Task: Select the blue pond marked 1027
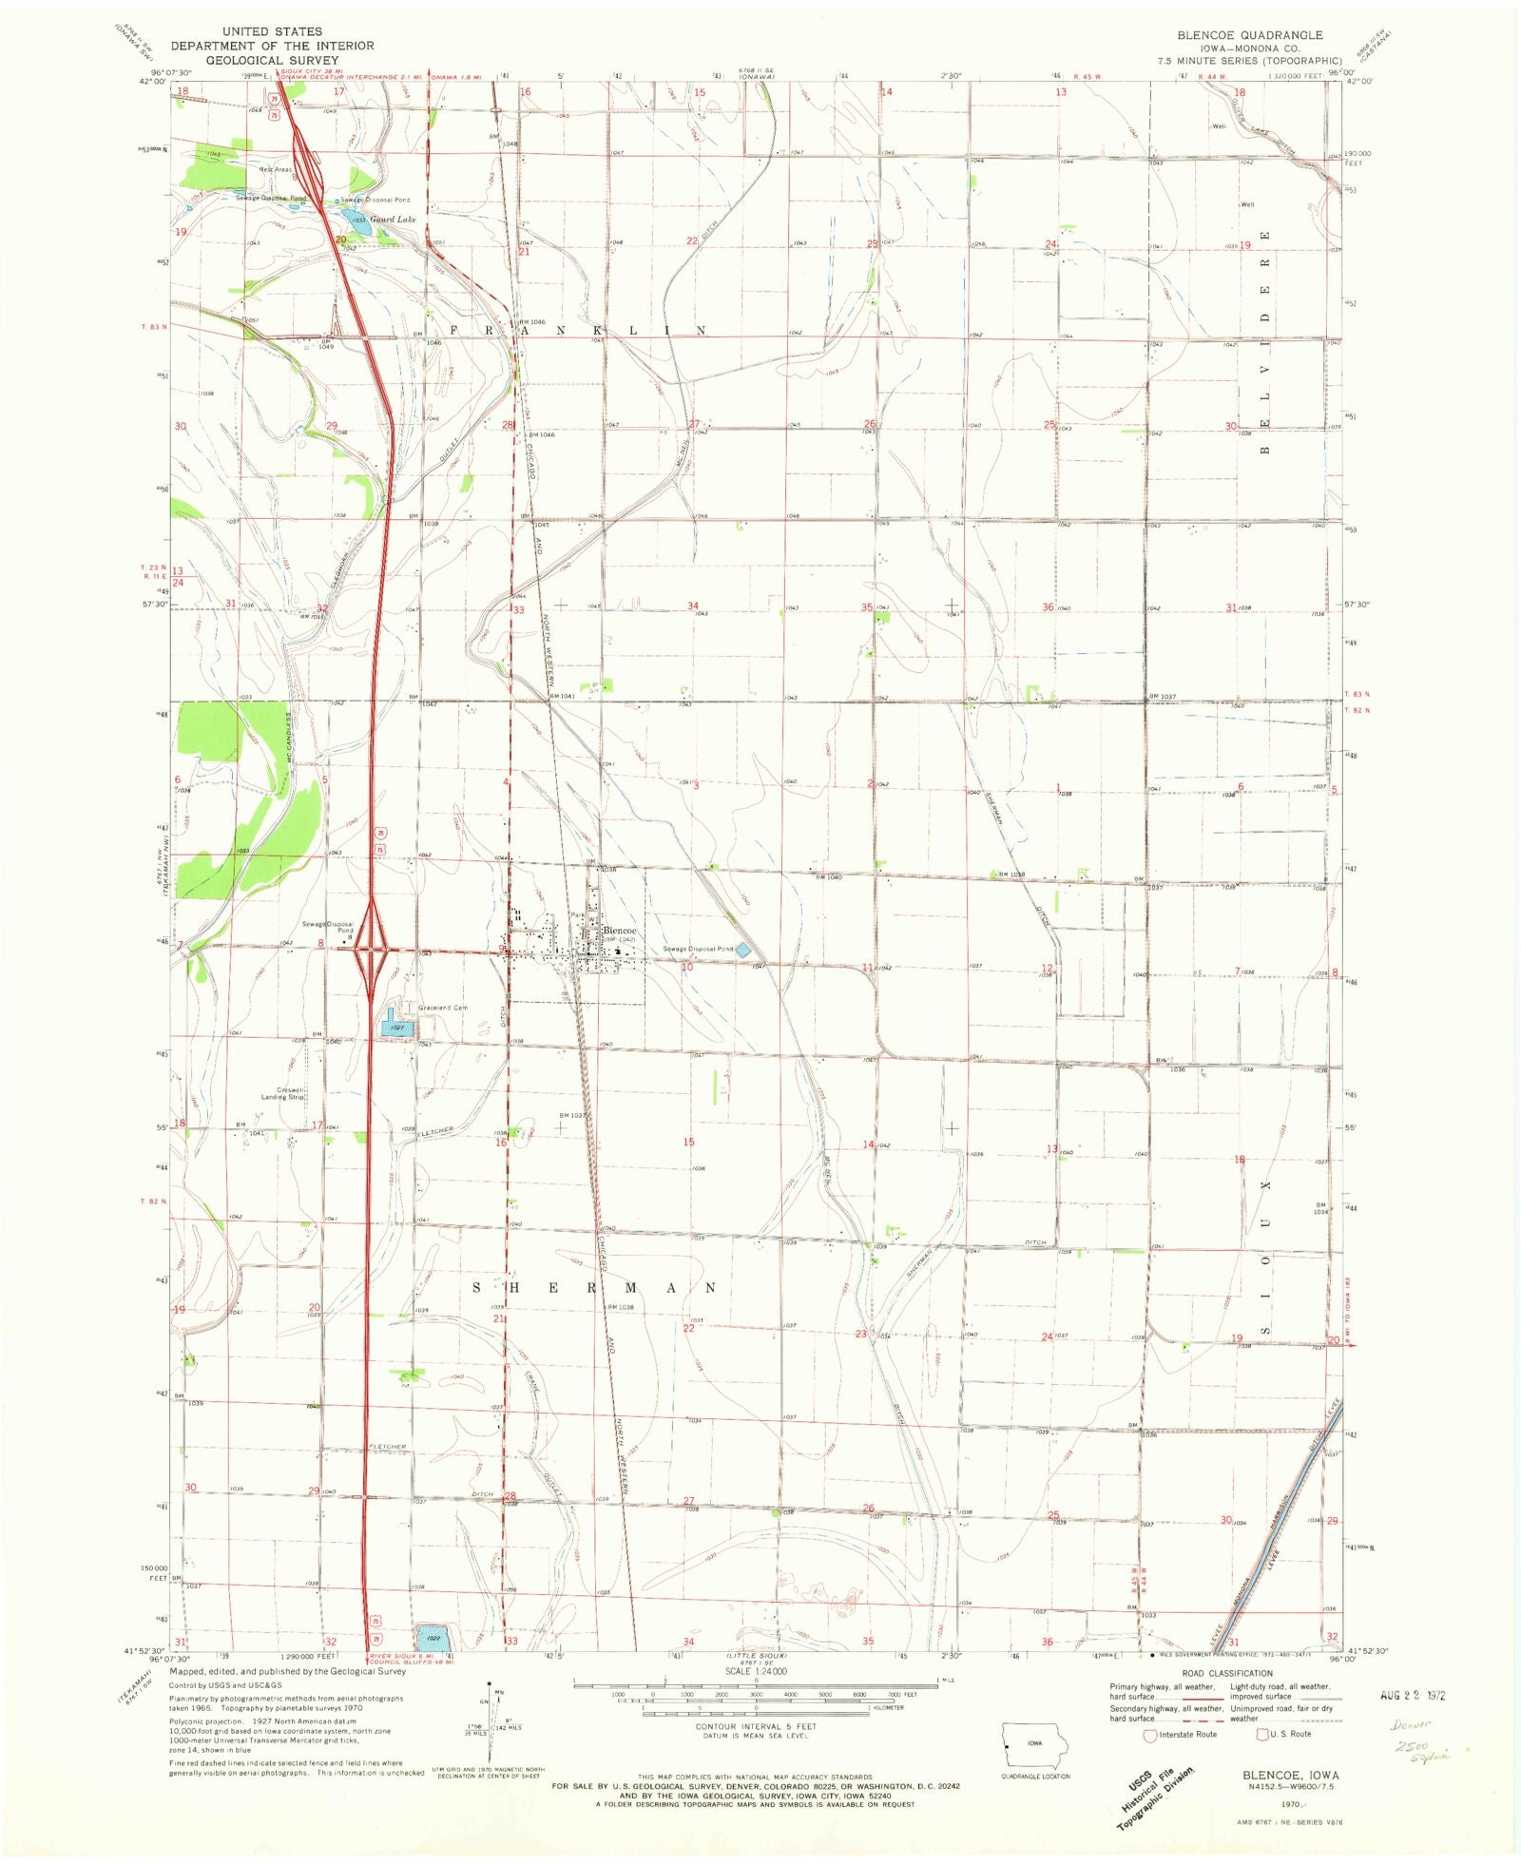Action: pos(397,1028)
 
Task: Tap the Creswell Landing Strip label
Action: pos(283,1093)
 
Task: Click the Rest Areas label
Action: pos(276,169)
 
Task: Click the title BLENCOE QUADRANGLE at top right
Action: pos(1249,35)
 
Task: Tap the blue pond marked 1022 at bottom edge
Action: pos(433,1638)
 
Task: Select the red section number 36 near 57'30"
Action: pos(1048,606)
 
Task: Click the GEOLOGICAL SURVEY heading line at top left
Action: pos(272,59)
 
